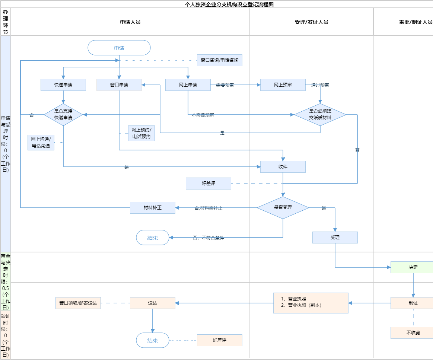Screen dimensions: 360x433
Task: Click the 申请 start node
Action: (119, 48)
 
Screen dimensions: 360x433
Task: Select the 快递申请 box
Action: (63, 85)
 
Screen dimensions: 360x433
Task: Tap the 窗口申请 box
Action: (119, 85)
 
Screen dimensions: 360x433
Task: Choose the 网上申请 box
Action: (188, 85)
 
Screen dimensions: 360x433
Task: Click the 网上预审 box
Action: (283, 85)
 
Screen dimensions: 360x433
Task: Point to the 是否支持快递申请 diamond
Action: (63, 115)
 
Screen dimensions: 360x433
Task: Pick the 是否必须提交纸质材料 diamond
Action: (320, 115)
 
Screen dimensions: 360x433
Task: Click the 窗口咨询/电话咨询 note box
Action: (220, 60)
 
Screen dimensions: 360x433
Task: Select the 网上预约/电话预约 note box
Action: (141, 133)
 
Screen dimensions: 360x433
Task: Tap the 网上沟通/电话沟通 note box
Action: (41, 143)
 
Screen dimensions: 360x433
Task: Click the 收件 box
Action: (283, 167)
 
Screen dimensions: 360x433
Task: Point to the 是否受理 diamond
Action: (283, 208)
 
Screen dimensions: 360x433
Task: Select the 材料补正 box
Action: (153, 208)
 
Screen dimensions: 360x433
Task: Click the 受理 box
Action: (335, 238)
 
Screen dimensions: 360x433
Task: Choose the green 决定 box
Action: (413, 267)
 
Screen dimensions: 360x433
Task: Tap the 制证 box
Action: (413, 303)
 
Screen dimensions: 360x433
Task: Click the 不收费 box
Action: (413, 333)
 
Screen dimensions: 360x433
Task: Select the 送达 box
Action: (153, 303)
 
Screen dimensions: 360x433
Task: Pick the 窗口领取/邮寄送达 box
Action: (78, 303)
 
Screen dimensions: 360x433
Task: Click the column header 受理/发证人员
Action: (311, 22)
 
